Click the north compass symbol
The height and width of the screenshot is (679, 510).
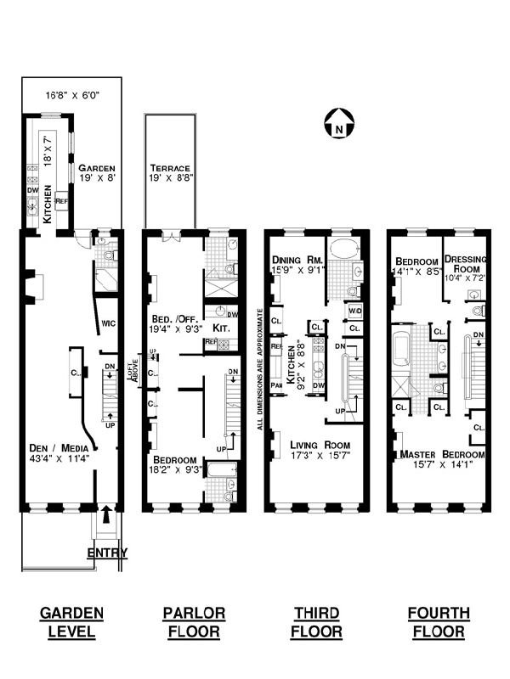[337, 126]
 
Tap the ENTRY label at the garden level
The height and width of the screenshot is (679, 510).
[108, 553]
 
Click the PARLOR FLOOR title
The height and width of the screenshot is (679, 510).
[195, 621]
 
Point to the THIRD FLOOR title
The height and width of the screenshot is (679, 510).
[317, 621]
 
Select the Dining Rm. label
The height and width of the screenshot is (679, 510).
[294, 260]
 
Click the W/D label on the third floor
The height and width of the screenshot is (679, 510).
[354, 310]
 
